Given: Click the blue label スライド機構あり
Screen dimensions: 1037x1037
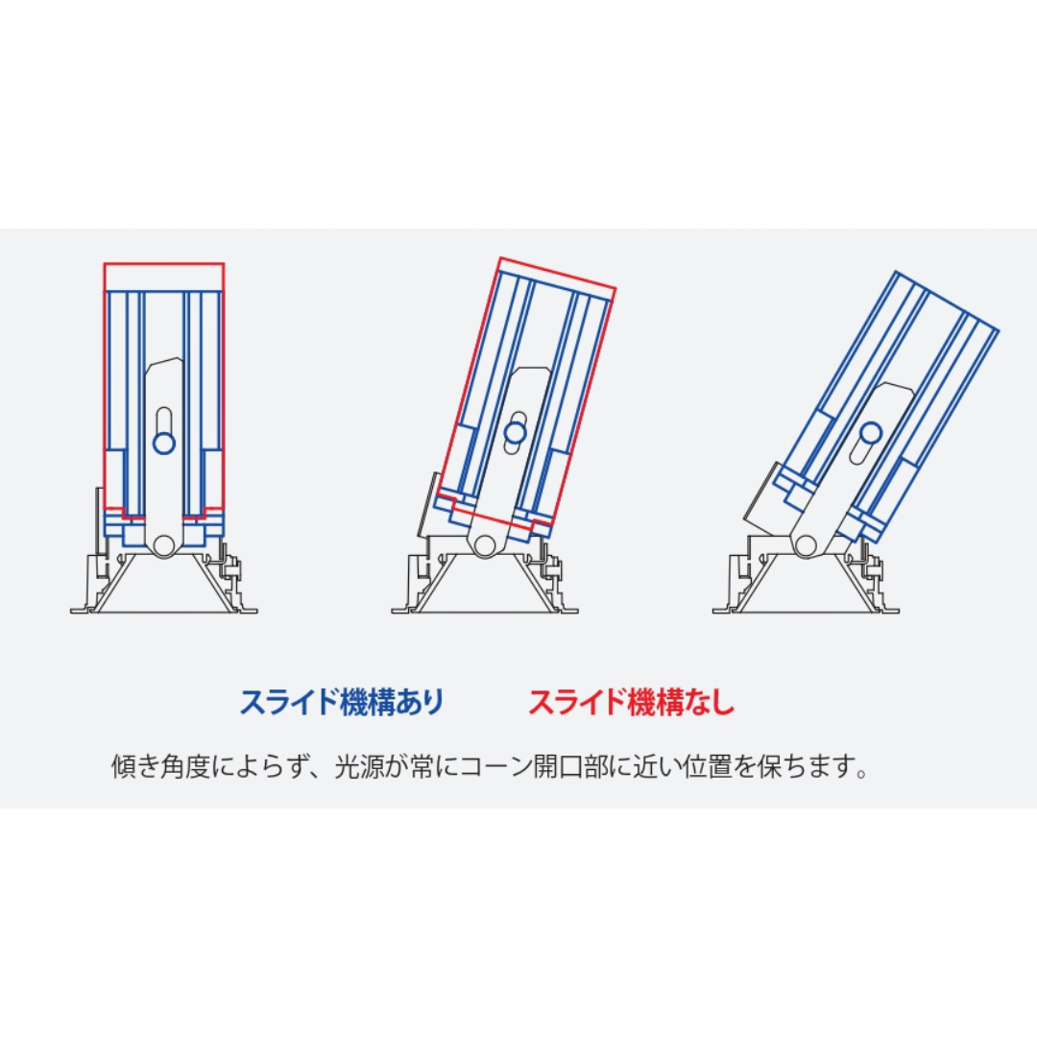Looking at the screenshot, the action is (341, 702).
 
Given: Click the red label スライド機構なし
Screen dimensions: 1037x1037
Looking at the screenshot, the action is (632, 702).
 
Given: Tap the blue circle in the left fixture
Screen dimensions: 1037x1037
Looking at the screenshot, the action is (164, 443).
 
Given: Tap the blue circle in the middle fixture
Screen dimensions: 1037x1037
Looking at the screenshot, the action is (516, 433).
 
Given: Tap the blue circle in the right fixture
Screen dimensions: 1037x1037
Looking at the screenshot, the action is (871, 434).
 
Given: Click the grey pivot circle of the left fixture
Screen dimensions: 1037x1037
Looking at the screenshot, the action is (164, 545).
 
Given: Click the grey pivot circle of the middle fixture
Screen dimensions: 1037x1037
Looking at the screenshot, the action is (485, 545).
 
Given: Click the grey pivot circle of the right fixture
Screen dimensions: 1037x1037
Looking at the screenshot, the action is (806, 545).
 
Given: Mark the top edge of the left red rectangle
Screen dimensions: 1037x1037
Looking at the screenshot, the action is (164, 264).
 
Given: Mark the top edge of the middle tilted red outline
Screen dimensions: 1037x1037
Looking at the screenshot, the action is (558, 273).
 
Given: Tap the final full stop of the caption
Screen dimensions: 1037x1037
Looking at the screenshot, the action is (861, 775).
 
